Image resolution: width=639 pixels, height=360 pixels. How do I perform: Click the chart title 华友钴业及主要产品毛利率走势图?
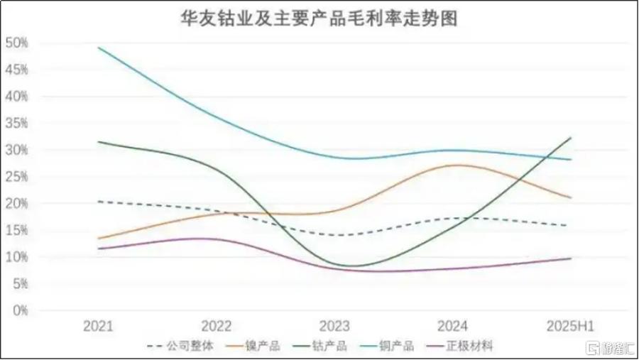[x=318, y=17]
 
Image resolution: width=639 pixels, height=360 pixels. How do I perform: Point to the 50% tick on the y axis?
[x=16, y=43]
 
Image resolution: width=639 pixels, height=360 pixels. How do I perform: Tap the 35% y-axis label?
[x=16, y=123]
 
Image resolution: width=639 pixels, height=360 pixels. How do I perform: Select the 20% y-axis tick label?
[x=16, y=203]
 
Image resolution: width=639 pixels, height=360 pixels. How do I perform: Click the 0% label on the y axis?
[x=19, y=310]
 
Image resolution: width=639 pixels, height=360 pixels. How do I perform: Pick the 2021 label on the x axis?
[x=98, y=326]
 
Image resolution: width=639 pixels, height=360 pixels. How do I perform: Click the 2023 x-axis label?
[x=334, y=326]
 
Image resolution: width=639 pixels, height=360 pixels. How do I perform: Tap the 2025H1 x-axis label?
[x=570, y=326]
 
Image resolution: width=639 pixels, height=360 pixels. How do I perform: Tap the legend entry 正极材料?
[x=471, y=347]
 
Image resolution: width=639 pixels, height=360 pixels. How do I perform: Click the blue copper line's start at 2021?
[x=99, y=48]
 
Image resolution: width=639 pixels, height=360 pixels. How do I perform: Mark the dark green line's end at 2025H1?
[x=571, y=138]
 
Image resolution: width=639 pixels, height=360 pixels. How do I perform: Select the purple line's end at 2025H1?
[x=571, y=258]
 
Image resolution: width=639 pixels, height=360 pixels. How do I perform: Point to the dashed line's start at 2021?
[x=99, y=202]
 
